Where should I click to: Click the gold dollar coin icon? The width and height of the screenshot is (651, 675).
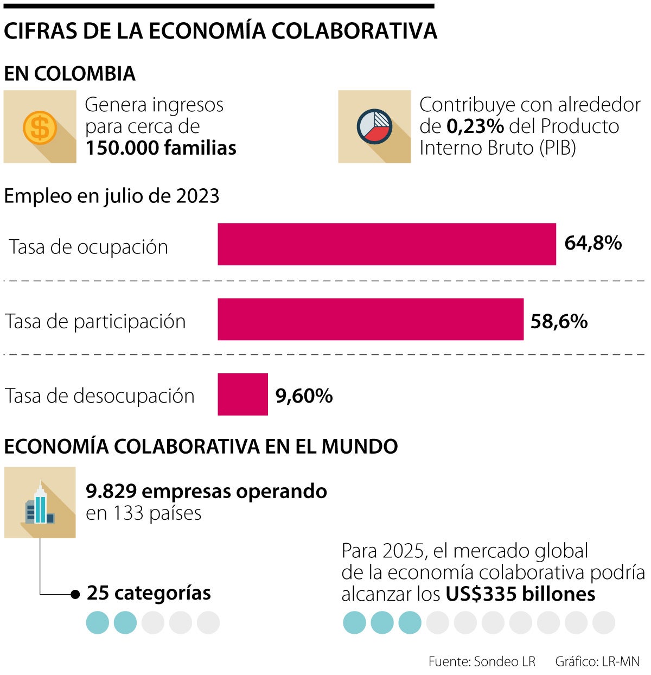tap(40, 127)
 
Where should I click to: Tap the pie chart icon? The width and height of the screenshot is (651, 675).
tap(374, 127)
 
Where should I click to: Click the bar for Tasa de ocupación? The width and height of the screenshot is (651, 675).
tap(386, 244)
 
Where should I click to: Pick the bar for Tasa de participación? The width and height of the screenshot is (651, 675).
tap(370, 320)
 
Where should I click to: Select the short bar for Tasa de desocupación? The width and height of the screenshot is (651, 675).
tap(242, 394)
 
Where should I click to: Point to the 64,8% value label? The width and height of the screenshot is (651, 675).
tap(592, 243)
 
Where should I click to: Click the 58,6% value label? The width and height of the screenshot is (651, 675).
tap(559, 322)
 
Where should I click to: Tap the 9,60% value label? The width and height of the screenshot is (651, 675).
tap(304, 396)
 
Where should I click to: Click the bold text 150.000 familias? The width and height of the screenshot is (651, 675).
tap(161, 148)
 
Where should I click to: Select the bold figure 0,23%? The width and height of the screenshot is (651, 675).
tap(475, 126)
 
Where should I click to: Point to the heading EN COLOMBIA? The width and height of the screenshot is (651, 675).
tap(69, 74)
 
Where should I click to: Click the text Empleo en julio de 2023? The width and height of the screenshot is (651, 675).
tap(111, 196)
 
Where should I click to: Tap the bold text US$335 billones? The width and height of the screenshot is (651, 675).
tap(520, 594)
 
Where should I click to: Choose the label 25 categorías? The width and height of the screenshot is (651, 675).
tap(149, 593)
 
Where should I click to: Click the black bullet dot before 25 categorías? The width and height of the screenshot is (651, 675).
tap(75, 594)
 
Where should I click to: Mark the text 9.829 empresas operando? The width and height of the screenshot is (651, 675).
tap(206, 492)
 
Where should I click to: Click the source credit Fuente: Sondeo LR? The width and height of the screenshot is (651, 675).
tap(482, 661)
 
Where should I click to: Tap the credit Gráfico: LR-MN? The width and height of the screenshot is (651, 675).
tap(597, 661)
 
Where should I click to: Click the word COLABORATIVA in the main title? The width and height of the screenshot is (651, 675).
tap(354, 31)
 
